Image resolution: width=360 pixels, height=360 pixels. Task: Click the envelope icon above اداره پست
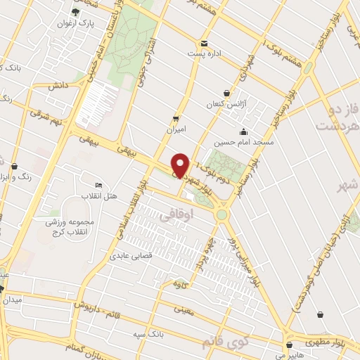tap(204, 42)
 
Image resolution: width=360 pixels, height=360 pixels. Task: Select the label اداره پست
tap(204, 53)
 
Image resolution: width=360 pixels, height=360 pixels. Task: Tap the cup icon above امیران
tap(176, 117)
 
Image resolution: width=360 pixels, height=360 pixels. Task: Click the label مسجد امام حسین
tap(243, 143)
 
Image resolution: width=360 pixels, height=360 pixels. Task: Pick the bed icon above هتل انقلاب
tap(98, 184)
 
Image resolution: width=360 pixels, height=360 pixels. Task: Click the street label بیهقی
tap(104, 141)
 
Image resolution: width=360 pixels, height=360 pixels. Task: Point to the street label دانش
tap(58, 85)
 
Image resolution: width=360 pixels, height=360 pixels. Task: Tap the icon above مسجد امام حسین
tap(243, 131)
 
